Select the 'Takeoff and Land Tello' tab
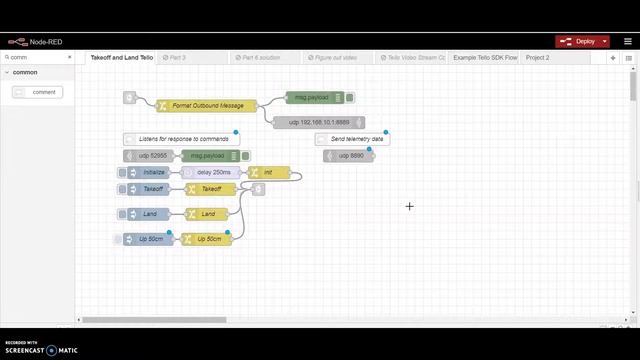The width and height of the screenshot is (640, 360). pos(122,58)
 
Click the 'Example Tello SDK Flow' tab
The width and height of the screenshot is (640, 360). pos(485,58)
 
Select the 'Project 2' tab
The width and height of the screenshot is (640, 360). pos(538,58)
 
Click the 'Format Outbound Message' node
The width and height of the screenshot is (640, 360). pos(207,105)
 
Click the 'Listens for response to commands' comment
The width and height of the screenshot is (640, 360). pos(180,139)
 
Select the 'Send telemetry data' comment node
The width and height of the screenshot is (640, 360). pos(352,139)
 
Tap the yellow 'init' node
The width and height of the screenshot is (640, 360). pos(268,173)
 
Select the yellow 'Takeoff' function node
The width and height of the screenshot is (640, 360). pos(211,189)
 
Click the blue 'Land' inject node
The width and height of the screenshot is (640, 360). pos(149,213)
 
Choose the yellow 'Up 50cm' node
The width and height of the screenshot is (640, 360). pos(207,239)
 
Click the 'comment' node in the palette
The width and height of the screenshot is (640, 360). pos(38,92)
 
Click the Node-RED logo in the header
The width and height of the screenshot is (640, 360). pos(35,42)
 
